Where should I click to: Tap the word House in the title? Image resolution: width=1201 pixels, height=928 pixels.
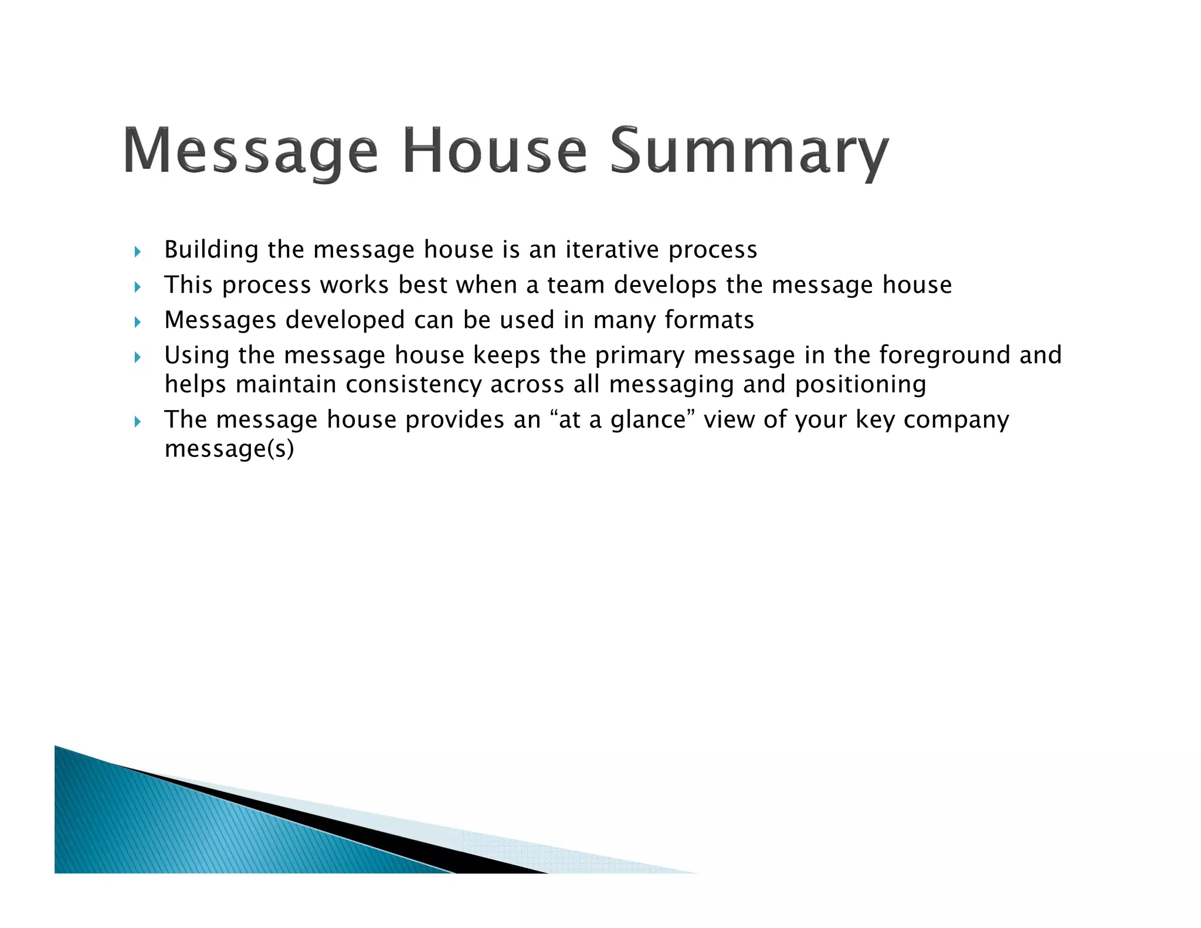[494, 151]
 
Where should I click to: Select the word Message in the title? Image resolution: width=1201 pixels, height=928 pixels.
[251, 151]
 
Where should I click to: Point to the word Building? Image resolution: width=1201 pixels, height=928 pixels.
[211, 250]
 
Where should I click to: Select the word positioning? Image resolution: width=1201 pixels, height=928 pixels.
[860, 385]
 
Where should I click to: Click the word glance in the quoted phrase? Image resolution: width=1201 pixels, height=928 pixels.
[647, 420]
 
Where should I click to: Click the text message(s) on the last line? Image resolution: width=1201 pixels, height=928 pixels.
[229, 449]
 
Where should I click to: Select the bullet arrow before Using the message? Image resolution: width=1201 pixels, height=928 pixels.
[138, 357]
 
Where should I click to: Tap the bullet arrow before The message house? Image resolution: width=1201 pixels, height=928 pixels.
[138, 422]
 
